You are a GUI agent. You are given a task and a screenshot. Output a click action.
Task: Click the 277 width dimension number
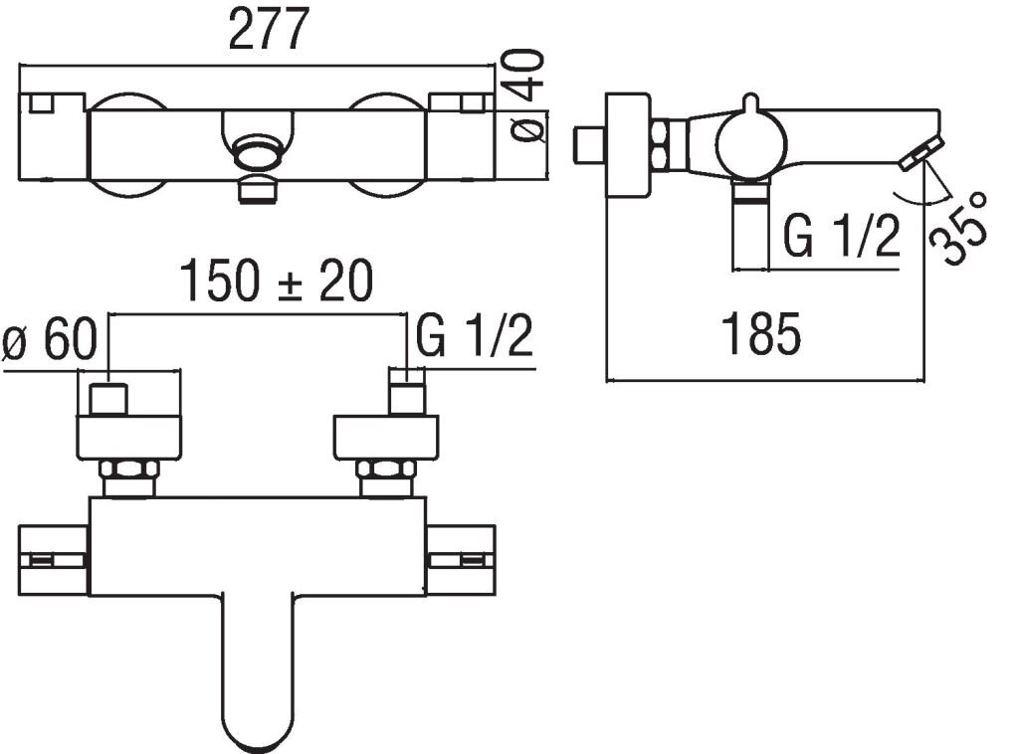[268, 29]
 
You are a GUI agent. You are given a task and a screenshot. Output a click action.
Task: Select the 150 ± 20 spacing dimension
[277, 281]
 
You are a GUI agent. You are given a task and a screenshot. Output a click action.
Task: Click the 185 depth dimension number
[761, 334]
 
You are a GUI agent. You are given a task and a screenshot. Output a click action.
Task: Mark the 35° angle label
[958, 228]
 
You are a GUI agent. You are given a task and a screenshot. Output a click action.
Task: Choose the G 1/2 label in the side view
[842, 237]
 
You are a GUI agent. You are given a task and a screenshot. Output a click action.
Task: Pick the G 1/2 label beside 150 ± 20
[475, 335]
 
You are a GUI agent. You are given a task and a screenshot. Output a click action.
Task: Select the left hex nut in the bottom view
[128, 470]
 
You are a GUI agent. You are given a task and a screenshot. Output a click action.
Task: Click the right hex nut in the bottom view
[386, 470]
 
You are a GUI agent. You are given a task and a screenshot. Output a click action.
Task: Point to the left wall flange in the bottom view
[128, 438]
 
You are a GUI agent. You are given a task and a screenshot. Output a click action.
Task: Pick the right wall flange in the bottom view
[386, 438]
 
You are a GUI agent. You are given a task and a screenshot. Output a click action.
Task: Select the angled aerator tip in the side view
[922, 154]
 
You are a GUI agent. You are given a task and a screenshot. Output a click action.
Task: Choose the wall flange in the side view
[628, 144]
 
